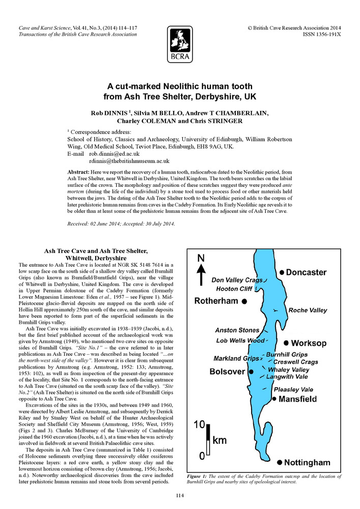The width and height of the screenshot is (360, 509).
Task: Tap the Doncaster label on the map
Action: click(307, 273)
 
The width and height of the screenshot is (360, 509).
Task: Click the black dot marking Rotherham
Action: click(244, 302)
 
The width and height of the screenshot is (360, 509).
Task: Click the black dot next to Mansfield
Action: click(275, 399)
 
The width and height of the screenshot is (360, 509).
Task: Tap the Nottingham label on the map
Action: click(307, 463)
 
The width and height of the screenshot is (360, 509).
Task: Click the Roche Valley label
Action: click(308, 310)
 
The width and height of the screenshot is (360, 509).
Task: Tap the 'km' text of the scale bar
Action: click(219, 441)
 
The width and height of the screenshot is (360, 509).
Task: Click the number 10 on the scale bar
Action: click(199, 424)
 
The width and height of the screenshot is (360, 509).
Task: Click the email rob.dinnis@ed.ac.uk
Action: click(115, 154)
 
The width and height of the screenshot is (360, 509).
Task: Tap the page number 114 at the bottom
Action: click(180, 496)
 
